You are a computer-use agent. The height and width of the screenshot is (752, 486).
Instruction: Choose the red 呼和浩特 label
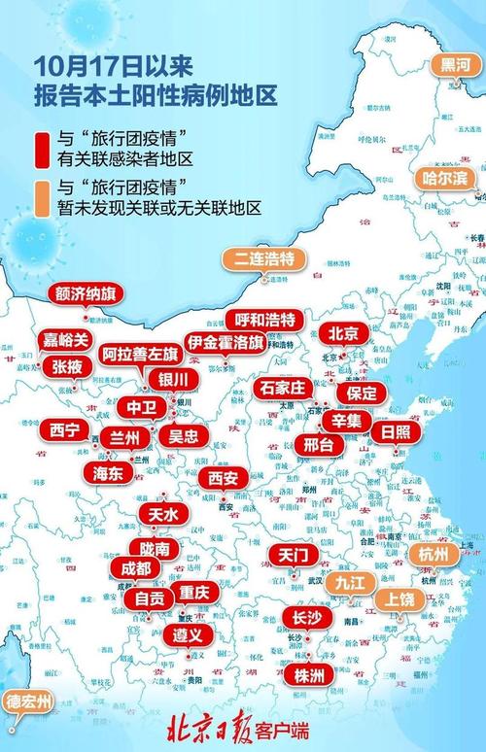click(x=264, y=320)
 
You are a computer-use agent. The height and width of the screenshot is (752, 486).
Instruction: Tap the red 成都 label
click(x=129, y=567)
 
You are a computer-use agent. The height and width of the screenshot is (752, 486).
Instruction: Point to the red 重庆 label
click(x=193, y=592)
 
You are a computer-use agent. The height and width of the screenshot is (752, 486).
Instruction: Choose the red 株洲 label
click(x=309, y=674)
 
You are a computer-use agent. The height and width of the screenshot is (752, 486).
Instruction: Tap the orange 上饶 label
click(x=399, y=599)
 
